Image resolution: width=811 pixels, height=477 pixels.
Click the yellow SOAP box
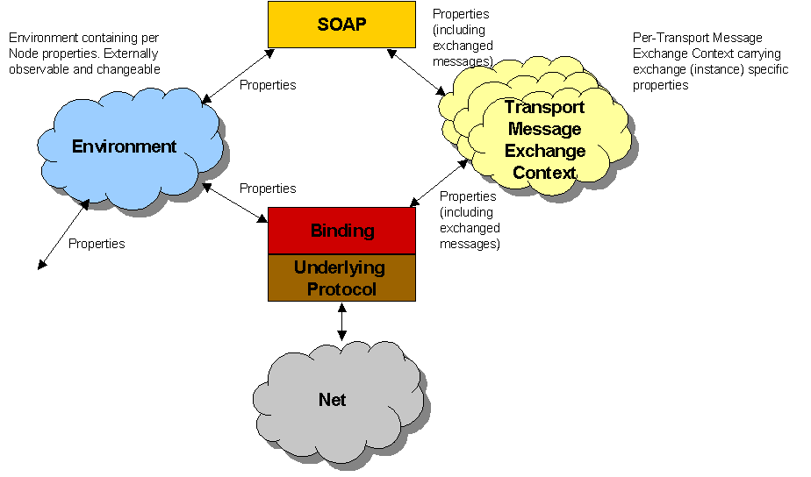(341, 24)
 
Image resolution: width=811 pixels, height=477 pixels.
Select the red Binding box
(341, 231)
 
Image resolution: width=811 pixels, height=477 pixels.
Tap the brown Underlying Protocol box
(341, 278)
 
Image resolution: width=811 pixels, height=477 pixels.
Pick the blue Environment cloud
(125, 146)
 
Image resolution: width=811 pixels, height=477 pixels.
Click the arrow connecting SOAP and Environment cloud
(238, 76)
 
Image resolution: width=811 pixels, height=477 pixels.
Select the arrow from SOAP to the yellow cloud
(414, 72)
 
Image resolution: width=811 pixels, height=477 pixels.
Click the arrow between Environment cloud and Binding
(234, 203)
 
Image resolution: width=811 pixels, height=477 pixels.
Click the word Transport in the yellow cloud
(544, 108)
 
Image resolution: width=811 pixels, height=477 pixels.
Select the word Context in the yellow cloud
(544, 173)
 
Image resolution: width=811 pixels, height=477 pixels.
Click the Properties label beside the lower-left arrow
(97, 244)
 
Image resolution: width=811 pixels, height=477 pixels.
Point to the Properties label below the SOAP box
(268, 85)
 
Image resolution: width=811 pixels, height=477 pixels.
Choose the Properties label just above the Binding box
(268, 189)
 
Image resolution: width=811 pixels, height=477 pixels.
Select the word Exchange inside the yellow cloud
(544, 151)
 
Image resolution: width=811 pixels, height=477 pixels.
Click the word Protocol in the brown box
(341, 289)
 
